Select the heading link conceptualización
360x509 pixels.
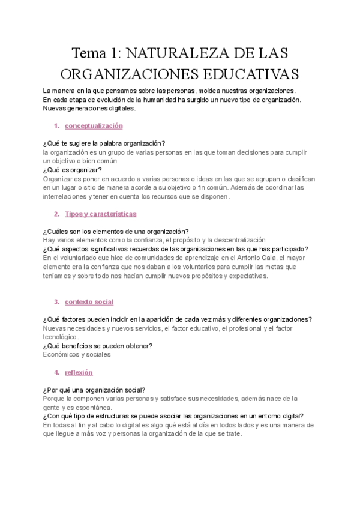94,126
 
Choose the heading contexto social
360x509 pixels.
89,301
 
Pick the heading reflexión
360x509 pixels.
79,372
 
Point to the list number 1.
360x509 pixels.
56,126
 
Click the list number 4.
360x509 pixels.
56,372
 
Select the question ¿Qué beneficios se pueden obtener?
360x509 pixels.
98,345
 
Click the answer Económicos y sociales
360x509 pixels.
77,354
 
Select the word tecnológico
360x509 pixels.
61,337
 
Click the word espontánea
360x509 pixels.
99,407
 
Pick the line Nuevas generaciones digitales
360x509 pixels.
89,109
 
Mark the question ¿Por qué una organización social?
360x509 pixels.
94,390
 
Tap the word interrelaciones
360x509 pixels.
67,196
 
